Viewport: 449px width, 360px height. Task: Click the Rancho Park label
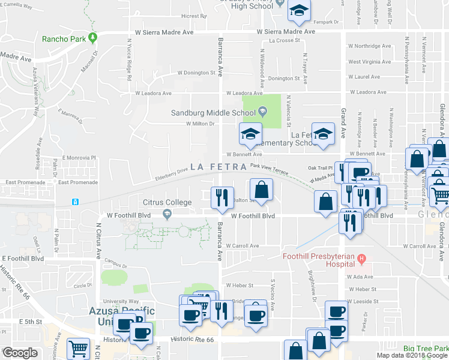[x=62, y=40]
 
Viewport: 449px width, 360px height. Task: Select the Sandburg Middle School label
[x=214, y=112]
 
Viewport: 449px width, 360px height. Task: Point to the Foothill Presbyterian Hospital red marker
[x=361, y=259]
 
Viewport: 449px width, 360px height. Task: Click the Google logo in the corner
[x=19, y=353]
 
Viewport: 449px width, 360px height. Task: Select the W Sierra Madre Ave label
[x=286, y=31]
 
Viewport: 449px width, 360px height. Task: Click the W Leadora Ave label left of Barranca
[x=157, y=93]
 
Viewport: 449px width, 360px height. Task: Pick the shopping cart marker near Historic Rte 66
[x=78, y=348]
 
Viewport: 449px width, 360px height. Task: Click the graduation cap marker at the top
[x=298, y=10]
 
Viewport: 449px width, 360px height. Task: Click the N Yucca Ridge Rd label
[x=129, y=60]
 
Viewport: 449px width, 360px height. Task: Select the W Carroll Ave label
[x=243, y=245]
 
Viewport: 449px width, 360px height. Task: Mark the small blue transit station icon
[x=75, y=202]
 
